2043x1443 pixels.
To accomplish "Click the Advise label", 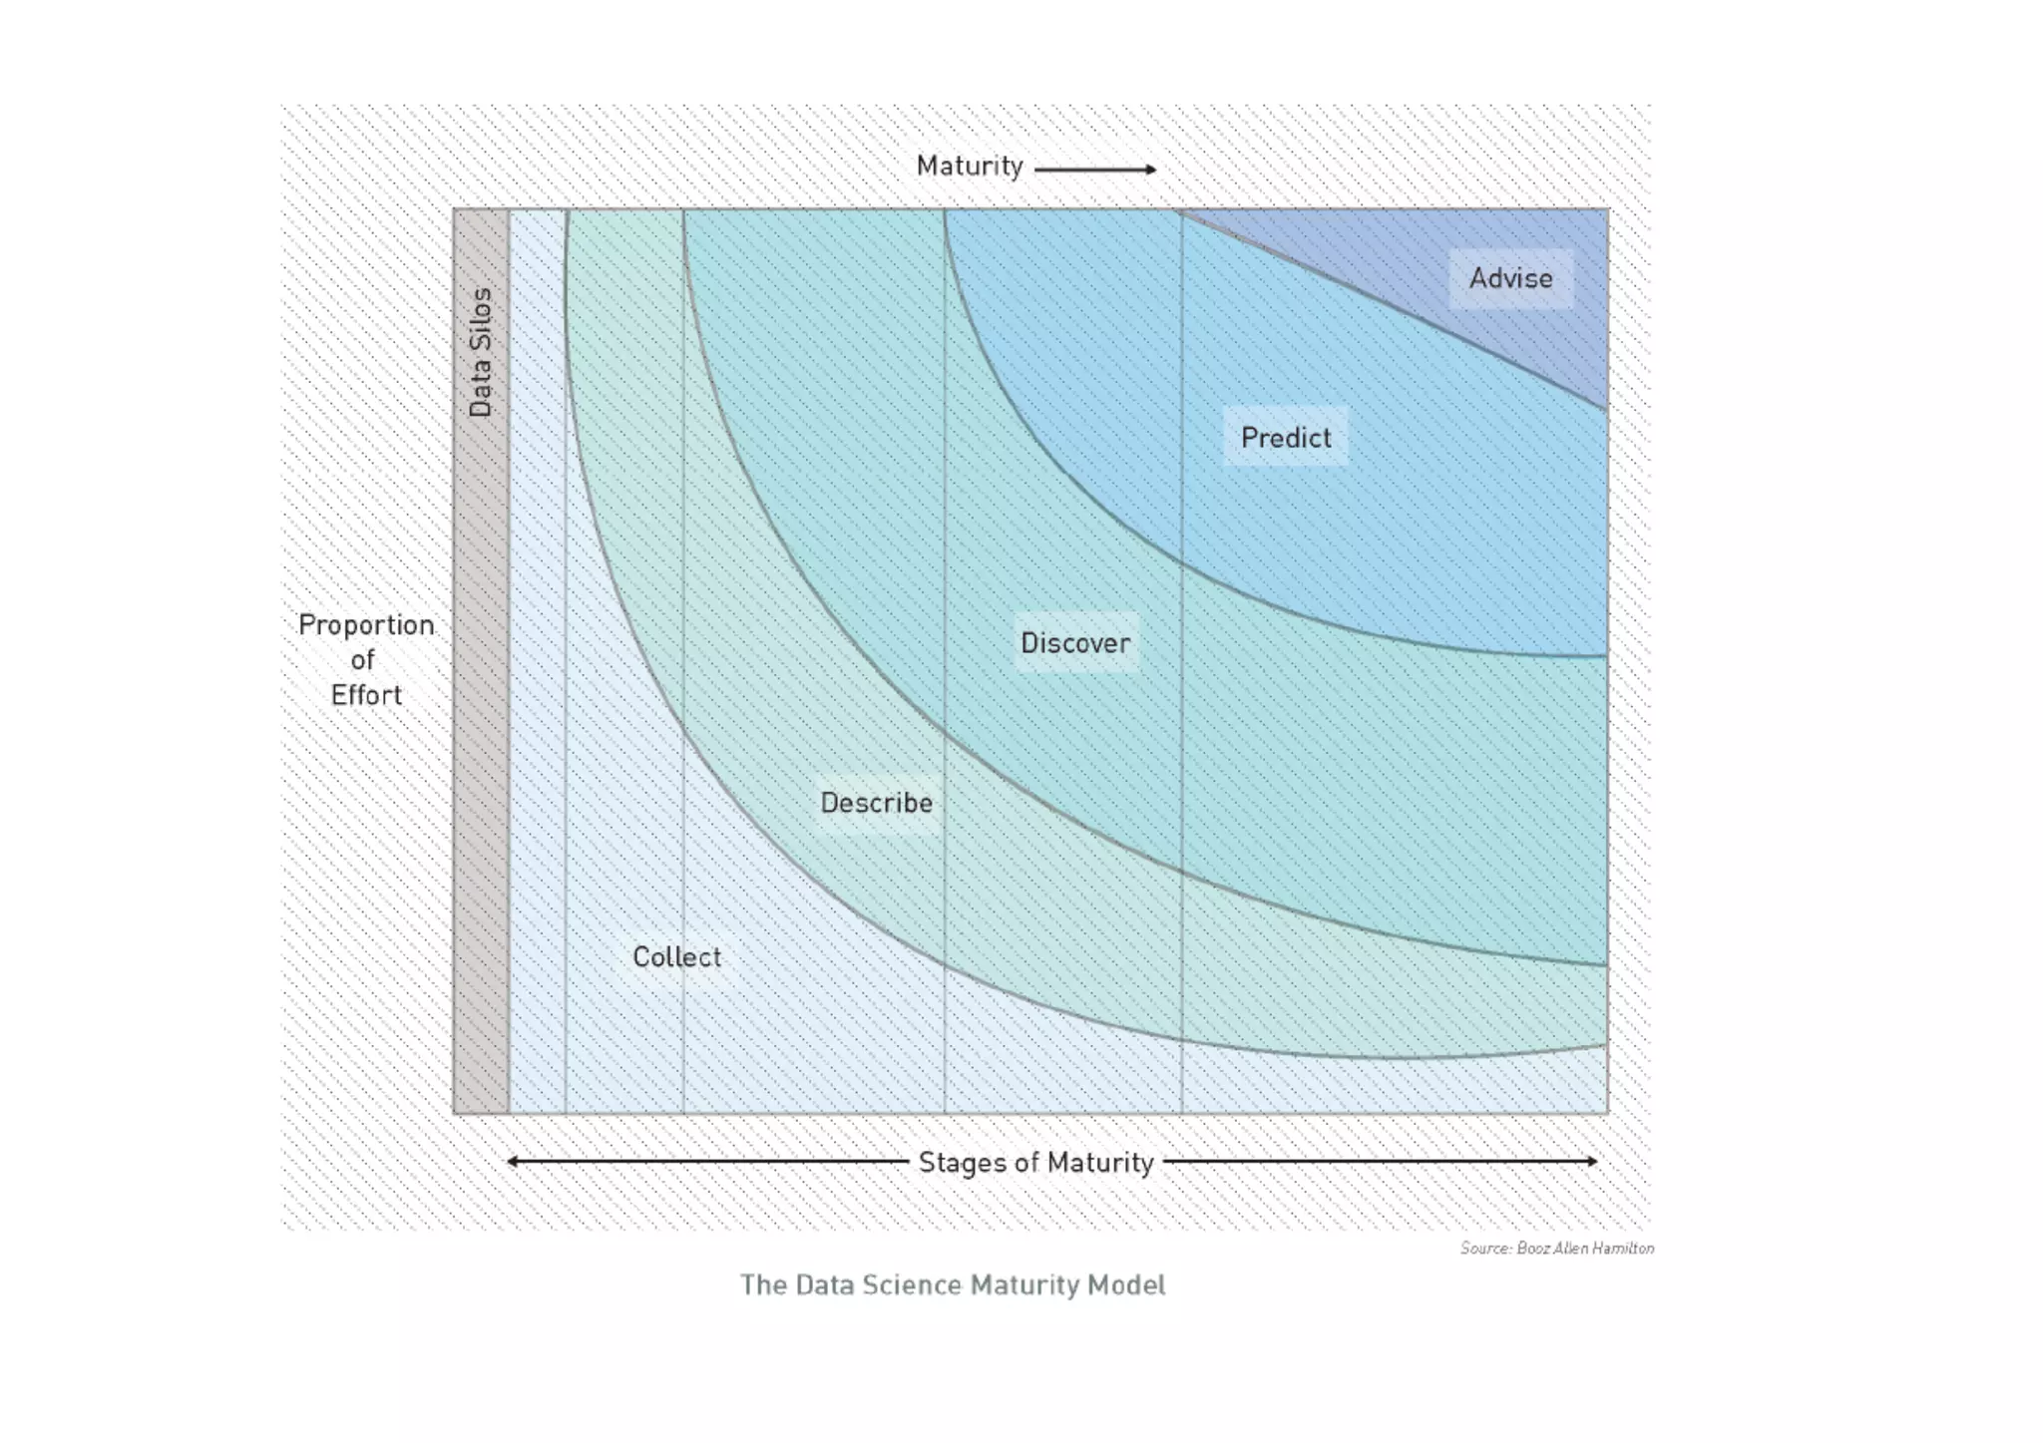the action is point(1510,278).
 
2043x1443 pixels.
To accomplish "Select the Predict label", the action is point(1286,438).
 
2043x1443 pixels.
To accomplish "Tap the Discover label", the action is point(1075,643).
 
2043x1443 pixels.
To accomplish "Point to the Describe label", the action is point(876,803).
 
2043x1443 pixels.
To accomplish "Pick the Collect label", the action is point(676,957).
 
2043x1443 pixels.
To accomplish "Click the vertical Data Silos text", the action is point(481,352).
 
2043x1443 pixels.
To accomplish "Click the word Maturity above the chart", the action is point(970,167).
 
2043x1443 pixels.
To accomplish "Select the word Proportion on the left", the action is point(366,625).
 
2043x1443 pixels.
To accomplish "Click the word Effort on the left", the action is point(366,695).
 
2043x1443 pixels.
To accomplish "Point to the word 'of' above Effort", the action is point(362,660).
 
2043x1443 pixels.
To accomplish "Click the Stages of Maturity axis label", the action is point(1035,1163).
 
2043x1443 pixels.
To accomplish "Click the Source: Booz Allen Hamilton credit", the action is point(1556,1249).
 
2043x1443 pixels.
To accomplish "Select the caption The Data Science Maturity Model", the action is point(952,1284).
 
